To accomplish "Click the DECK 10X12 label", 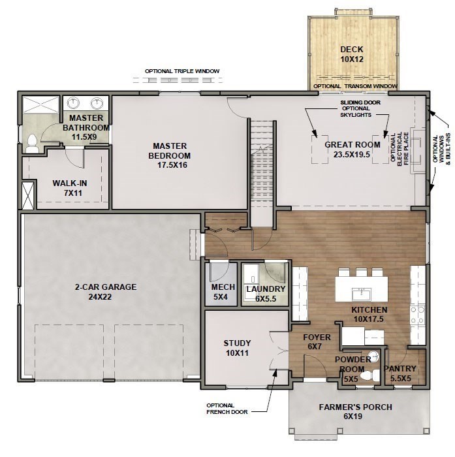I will coord(351,54).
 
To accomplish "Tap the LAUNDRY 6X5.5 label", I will coord(265,292).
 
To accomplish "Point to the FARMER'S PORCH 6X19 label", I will coord(355,411).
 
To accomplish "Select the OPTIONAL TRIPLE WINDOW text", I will coord(183,71).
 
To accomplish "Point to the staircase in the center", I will coord(262,163).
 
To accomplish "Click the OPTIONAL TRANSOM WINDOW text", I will coord(355,86).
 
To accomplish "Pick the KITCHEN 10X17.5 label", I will coord(369,314).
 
